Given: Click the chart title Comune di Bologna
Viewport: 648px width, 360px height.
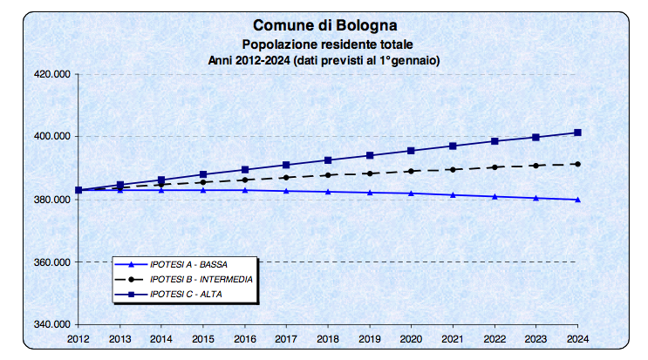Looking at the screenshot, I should click(x=324, y=26).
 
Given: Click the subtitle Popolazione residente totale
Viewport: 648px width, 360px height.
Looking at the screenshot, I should click(x=324, y=44).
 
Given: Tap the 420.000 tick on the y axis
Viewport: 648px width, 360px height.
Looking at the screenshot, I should click(x=51, y=75).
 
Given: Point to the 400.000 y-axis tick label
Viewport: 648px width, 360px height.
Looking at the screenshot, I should click(x=51, y=137).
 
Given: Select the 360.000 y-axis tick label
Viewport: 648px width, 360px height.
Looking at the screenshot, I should click(x=51, y=262).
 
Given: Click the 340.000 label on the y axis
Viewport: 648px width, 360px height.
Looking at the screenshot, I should click(x=51, y=325).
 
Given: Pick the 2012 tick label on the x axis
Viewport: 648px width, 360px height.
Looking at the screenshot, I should click(x=78, y=337).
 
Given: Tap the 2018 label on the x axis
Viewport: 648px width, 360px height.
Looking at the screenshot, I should click(x=328, y=337).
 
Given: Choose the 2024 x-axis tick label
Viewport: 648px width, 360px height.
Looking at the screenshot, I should click(x=577, y=337).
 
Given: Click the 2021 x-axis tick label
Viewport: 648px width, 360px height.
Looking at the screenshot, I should click(x=453, y=337).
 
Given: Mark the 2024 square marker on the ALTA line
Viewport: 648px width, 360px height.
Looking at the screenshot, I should click(x=577, y=132).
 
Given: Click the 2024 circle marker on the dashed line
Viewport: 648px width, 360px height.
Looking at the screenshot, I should click(x=577, y=164).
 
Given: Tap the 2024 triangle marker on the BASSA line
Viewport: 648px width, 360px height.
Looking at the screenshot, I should click(x=577, y=200).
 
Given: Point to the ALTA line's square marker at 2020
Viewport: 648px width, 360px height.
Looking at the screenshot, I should click(x=411, y=151).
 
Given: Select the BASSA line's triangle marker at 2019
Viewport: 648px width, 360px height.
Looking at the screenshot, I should click(x=370, y=192).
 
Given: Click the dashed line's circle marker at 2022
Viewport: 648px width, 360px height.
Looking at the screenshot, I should click(x=495, y=166).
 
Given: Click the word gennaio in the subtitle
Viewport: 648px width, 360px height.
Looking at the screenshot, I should click(x=416, y=59).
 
